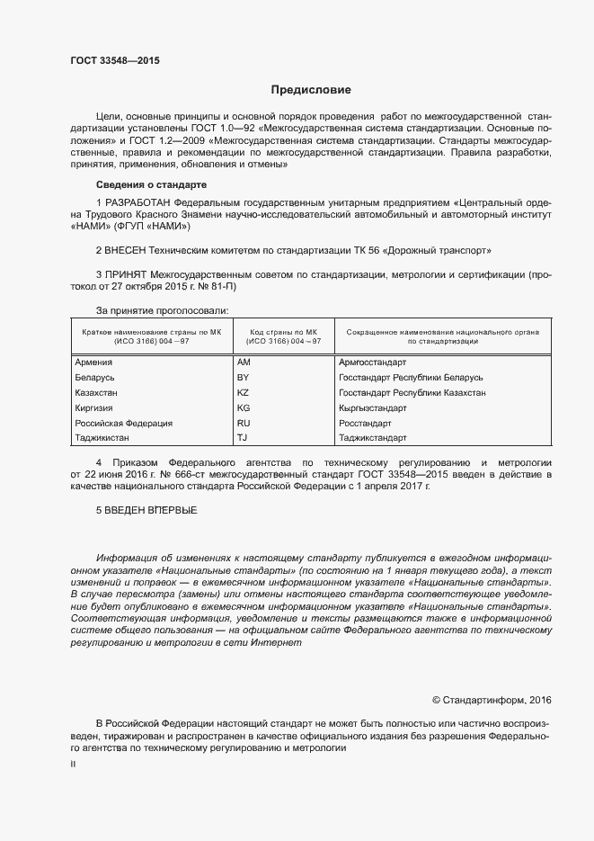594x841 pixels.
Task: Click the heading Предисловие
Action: tap(311, 90)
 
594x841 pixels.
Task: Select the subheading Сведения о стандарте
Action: tap(146, 184)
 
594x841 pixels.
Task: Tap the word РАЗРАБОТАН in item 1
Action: tap(139, 202)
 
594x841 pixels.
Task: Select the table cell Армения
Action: tap(93, 362)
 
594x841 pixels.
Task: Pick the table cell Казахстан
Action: tap(96, 393)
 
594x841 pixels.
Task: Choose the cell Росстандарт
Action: tap(365, 423)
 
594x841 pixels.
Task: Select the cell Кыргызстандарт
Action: tap(372, 407)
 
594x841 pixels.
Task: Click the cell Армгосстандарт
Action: tap(371, 362)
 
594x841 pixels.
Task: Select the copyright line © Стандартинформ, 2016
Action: tap(492, 700)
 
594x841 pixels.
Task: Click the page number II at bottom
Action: tap(73, 763)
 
